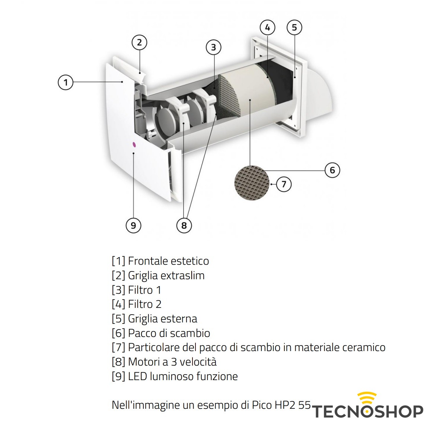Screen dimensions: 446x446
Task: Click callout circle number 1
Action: (x=66, y=82)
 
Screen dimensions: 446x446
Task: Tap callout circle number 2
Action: (x=140, y=42)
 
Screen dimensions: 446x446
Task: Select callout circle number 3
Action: (x=213, y=47)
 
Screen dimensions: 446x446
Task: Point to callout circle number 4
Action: (x=267, y=28)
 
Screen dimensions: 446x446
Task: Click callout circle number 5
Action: (x=294, y=28)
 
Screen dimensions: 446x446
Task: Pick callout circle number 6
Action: (x=332, y=170)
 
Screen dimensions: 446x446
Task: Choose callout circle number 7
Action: (x=284, y=184)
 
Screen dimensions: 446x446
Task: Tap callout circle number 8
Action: (x=184, y=225)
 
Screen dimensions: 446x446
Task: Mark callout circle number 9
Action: (x=133, y=225)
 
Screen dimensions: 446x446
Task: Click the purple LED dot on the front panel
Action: (x=134, y=144)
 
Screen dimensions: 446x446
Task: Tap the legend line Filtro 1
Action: (x=137, y=290)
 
